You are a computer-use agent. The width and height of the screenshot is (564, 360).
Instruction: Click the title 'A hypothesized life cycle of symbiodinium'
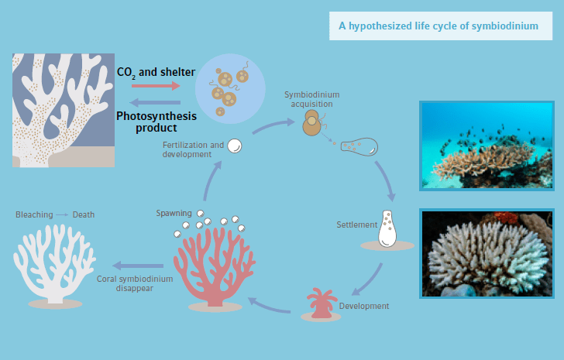tap(438, 26)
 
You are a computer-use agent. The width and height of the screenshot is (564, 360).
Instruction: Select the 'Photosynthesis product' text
tap(156, 122)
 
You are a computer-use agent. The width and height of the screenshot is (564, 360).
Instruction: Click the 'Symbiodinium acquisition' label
tap(312, 98)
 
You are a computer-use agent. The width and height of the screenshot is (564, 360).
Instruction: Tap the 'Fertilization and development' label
tap(193, 149)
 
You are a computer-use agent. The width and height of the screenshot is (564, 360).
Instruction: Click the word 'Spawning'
tap(174, 213)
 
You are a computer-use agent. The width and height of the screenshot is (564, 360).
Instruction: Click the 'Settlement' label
tap(357, 225)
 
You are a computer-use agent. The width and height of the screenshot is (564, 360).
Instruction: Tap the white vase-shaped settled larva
tap(389, 228)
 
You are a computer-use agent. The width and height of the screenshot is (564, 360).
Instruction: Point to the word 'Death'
tap(84, 214)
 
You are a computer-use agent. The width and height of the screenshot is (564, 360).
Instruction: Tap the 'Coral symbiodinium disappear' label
tap(125, 283)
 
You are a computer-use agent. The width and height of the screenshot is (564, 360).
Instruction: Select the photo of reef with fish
tap(487, 145)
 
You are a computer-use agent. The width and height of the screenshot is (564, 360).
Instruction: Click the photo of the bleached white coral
tap(487, 253)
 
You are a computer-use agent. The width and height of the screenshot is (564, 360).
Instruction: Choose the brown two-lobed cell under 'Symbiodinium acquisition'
tap(312, 125)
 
